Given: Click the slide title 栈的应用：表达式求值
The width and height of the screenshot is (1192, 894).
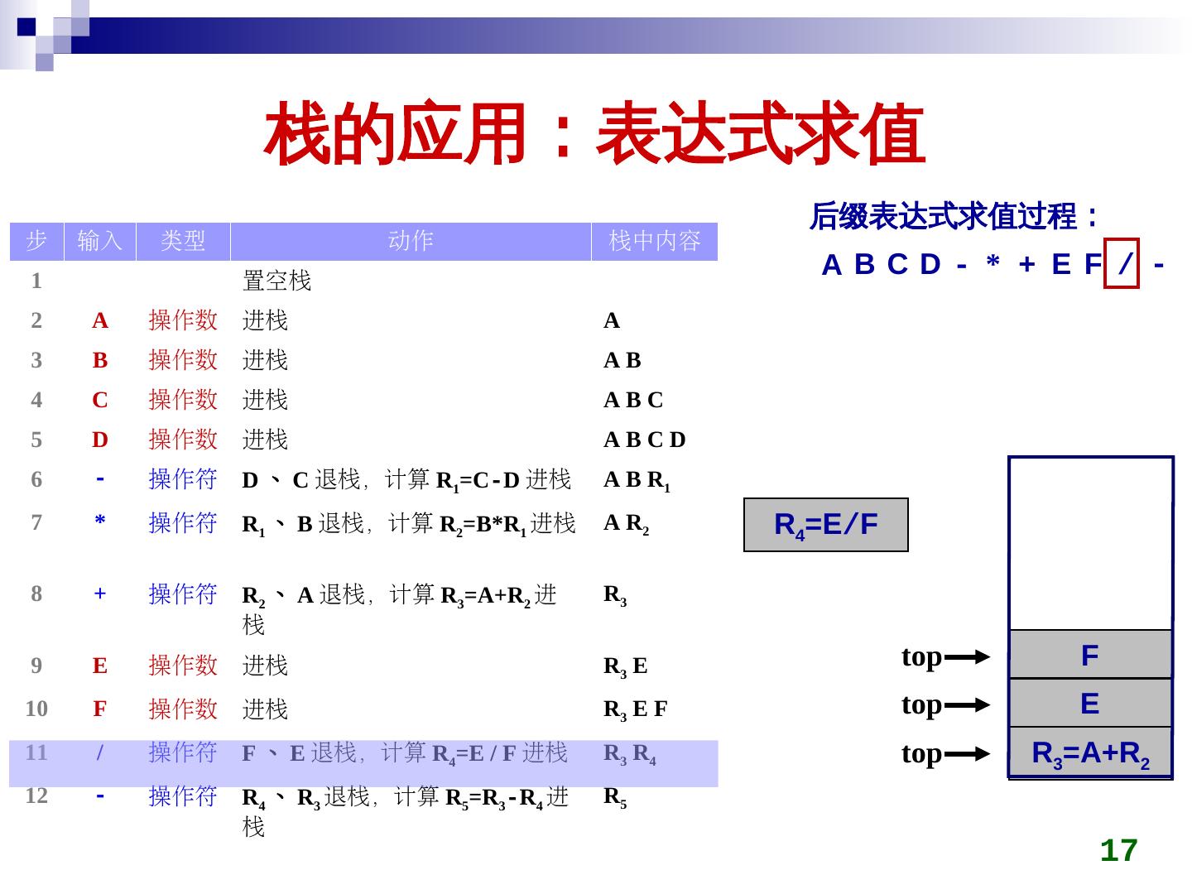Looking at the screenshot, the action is [x=594, y=133].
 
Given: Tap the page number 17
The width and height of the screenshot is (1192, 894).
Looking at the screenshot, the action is [x=1118, y=850].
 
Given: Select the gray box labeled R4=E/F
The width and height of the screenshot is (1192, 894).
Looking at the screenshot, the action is [x=826, y=525].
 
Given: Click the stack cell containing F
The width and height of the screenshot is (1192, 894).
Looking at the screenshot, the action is [x=1090, y=656].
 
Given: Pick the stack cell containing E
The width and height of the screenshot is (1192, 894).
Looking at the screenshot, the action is [x=1090, y=704].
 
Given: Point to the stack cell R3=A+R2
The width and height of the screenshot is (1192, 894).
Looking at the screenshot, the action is [x=1090, y=753].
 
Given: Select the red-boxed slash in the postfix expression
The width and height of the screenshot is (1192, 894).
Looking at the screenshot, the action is [x=1122, y=265].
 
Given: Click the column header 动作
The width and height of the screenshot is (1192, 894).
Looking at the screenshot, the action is [x=411, y=241].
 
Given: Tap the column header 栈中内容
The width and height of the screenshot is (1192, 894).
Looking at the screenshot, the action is [x=654, y=241].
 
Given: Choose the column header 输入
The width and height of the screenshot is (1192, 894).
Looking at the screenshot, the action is [x=100, y=241].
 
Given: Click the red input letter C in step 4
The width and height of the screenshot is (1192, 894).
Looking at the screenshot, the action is [x=100, y=401].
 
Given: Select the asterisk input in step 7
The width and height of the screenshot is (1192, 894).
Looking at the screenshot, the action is [x=100, y=522].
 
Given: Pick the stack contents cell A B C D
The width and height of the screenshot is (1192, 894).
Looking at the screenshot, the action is [x=645, y=440].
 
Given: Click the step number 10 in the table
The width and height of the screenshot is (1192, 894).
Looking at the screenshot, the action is [x=36, y=709].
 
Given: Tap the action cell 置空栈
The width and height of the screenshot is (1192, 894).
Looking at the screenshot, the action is [x=276, y=281].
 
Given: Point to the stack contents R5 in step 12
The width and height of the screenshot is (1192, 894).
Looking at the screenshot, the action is [x=615, y=797].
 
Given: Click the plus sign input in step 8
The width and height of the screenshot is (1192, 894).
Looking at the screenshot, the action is [x=100, y=594].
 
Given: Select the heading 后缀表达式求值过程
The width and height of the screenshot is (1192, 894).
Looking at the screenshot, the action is [x=954, y=218].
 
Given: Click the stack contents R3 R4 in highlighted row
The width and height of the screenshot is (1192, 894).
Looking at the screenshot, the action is [x=630, y=754].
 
